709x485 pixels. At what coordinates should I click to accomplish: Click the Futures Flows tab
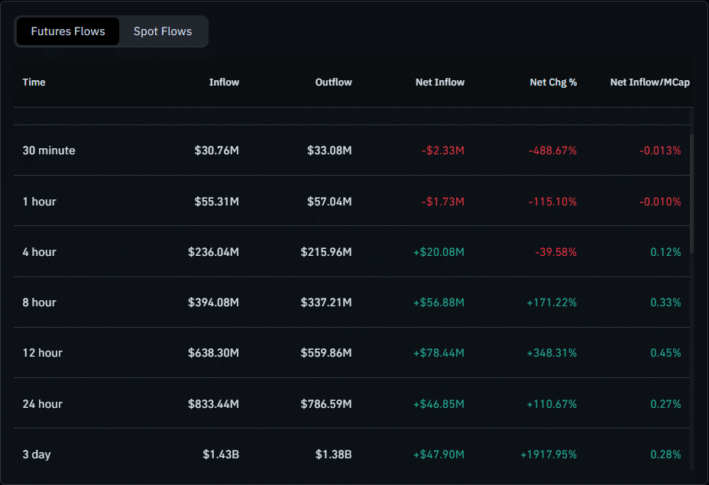pos(68,31)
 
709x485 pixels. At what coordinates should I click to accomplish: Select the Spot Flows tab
pos(163,31)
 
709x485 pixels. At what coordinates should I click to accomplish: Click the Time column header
pos(34,82)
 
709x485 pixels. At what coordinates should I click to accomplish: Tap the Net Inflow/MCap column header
pos(649,82)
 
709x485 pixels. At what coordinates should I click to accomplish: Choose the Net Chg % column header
pos(553,82)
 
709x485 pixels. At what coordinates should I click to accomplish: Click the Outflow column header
pos(333,82)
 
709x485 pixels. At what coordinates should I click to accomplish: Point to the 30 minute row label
pos(49,150)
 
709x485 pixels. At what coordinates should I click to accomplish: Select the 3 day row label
pos(37,454)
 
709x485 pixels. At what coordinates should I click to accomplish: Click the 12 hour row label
pos(43,353)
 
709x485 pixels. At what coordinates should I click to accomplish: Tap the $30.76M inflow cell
pos(216,150)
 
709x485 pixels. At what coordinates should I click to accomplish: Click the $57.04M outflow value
pos(329,202)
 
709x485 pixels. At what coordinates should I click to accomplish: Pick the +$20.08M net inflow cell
pos(439,252)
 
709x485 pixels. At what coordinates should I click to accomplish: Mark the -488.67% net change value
pos(552,150)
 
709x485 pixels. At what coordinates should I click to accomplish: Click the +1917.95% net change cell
pos(549,454)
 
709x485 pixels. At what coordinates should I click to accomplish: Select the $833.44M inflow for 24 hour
pos(213,404)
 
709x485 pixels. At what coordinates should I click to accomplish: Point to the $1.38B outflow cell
pos(333,454)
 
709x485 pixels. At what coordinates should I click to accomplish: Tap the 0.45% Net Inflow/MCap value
pos(665,353)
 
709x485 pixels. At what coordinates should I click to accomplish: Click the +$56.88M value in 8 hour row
pos(439,302)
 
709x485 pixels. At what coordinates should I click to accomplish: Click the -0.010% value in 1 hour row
pos(660,202)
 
